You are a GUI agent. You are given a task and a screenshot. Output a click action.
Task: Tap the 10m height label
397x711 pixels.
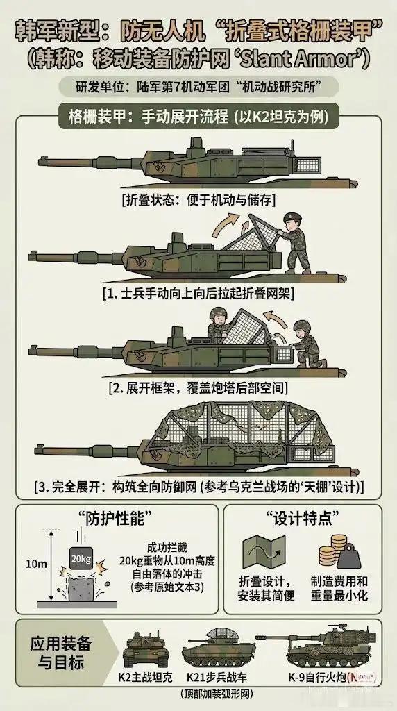click(30, 564)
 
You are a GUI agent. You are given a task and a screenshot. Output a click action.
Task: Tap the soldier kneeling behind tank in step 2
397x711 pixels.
click(305, 344)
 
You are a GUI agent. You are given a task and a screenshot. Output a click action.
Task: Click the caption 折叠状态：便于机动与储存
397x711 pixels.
click(198, 199)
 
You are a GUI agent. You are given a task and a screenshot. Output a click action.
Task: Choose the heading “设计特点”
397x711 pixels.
click(303, 519)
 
